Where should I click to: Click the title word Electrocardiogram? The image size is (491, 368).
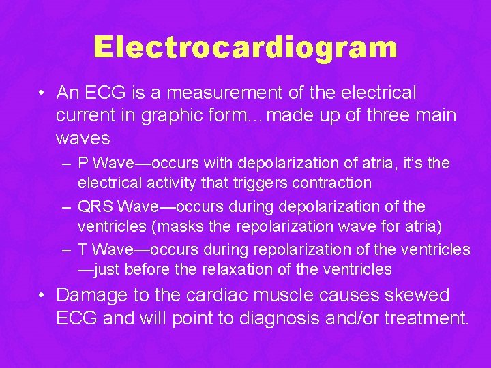pos(245,48)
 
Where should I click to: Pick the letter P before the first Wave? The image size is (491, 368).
pos(83,164)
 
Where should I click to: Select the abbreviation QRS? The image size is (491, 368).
pos(96,206)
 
